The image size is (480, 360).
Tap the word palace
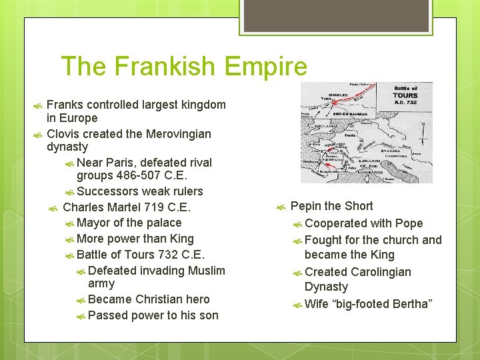[163, 223]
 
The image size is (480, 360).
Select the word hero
[197, 299]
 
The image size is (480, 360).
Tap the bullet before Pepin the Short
[281, 207]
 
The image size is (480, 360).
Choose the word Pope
[409, 223]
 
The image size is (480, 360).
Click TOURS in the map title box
[405, 95]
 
